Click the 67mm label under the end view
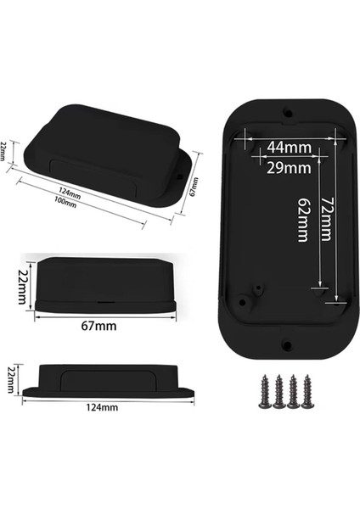(x=100, y=325)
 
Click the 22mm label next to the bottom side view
(x=11, y=378)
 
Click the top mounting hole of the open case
(x=286, y=110)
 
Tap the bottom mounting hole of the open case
(x=286, y=344)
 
